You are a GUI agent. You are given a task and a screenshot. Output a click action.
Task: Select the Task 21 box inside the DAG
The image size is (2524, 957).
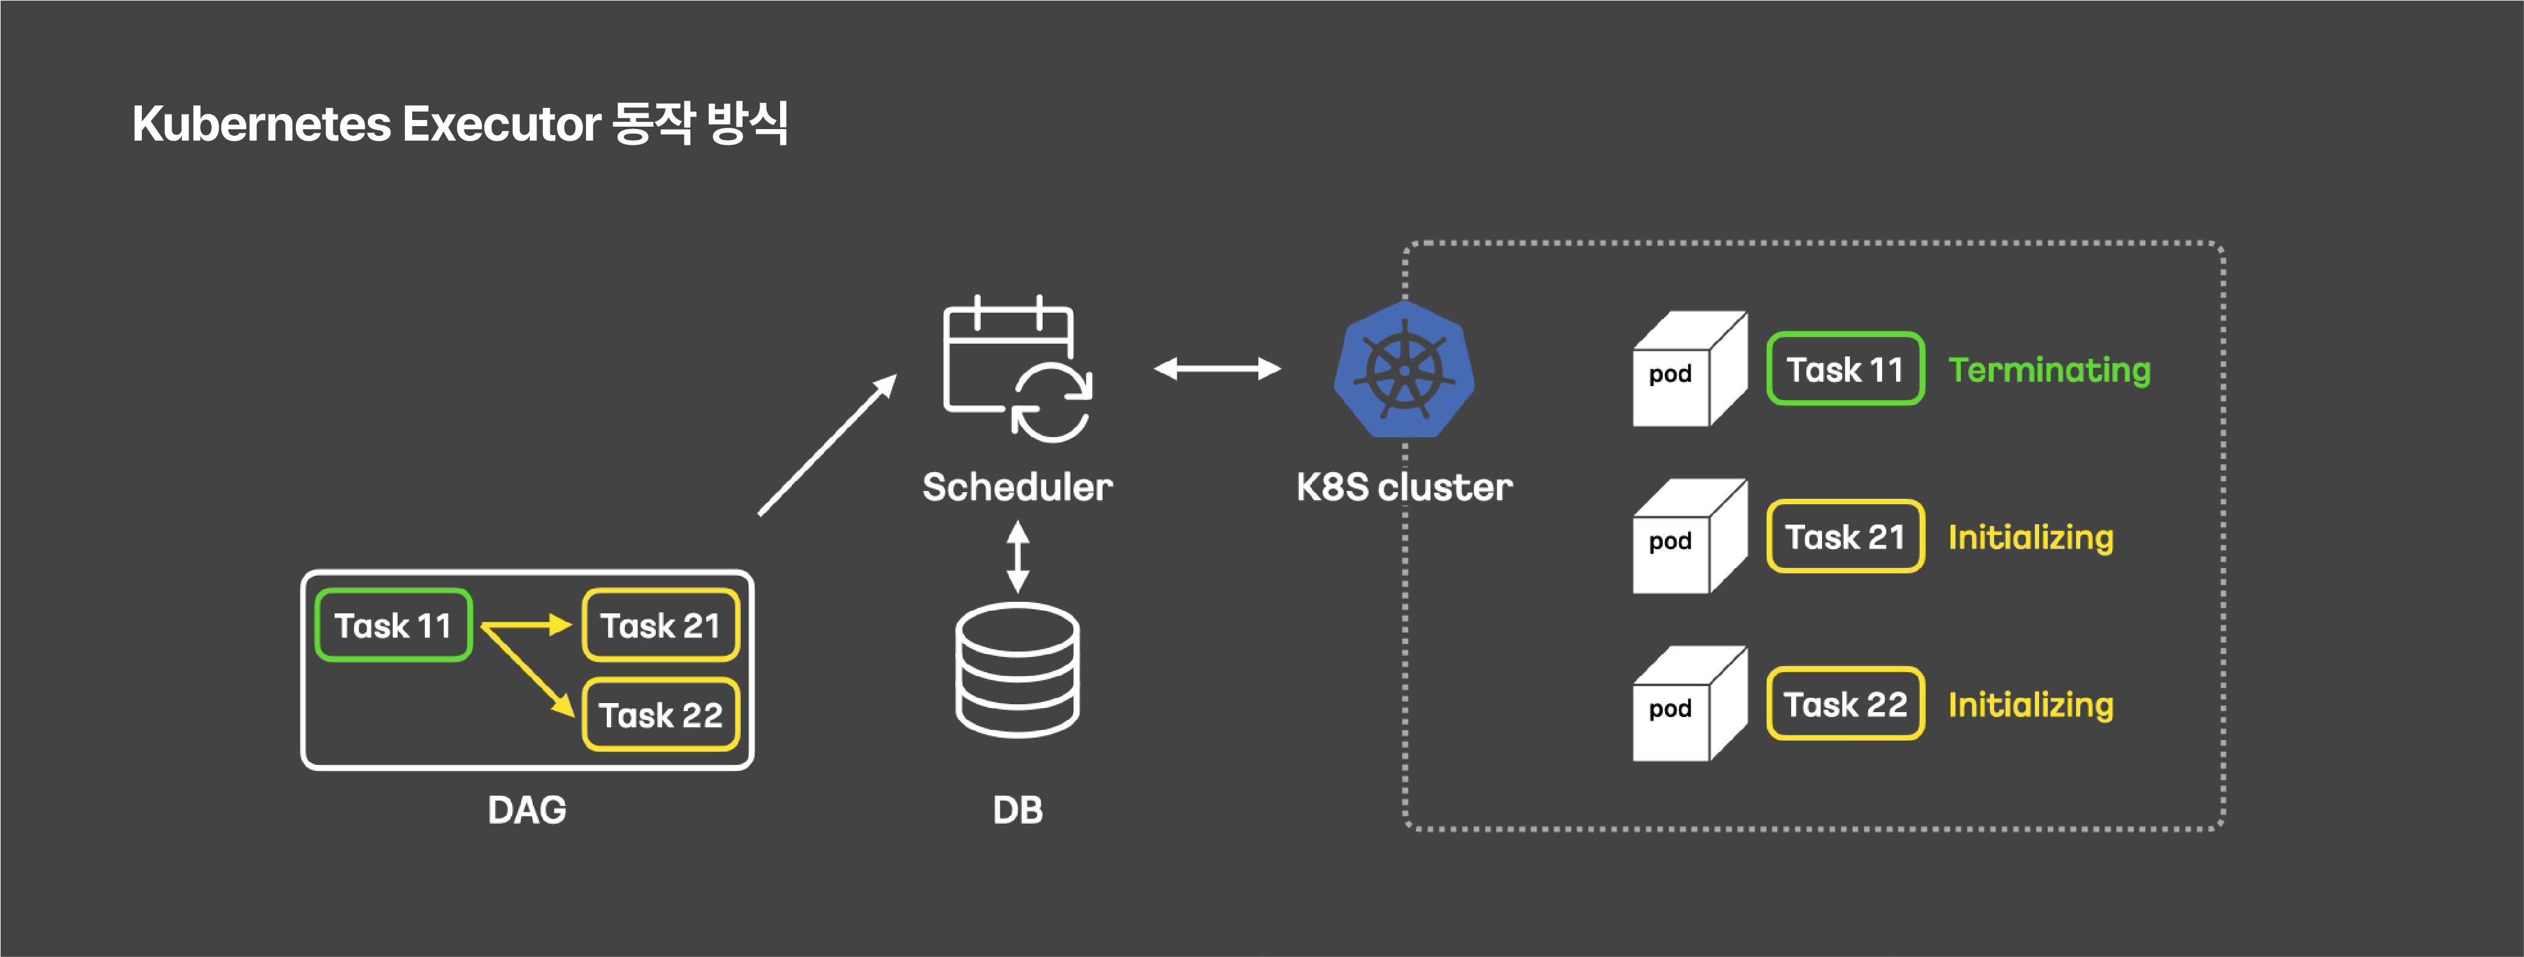click(x=660, y=625)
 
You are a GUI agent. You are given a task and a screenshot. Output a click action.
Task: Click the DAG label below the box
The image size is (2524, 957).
click(x=527, y=810)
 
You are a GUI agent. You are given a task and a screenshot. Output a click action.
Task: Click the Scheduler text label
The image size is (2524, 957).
click(x=1017, y=487)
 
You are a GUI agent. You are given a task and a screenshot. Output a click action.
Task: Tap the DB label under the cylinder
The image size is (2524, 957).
click(x=1017, y=810)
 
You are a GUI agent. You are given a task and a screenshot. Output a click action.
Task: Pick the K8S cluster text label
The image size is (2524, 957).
click(x=1404, y=487)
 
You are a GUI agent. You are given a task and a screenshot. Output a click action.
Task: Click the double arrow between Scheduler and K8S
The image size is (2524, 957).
click(x=1217, y=368)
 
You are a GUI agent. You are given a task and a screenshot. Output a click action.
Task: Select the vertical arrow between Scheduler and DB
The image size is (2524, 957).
click(x=1018, y=556)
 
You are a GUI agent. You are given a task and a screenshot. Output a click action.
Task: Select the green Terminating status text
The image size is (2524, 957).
click(x=2049, y=370)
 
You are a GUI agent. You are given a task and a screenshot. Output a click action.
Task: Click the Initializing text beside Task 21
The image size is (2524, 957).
click(x=2030, y=538)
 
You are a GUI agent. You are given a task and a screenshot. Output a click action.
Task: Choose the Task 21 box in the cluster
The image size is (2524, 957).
click(x=1845, y=537)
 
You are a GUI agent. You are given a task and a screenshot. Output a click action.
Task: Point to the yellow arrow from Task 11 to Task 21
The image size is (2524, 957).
click(x=526, y=625)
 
